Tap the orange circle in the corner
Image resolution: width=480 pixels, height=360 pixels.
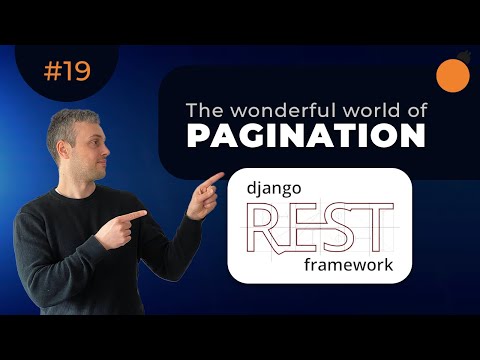pos(453,73)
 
